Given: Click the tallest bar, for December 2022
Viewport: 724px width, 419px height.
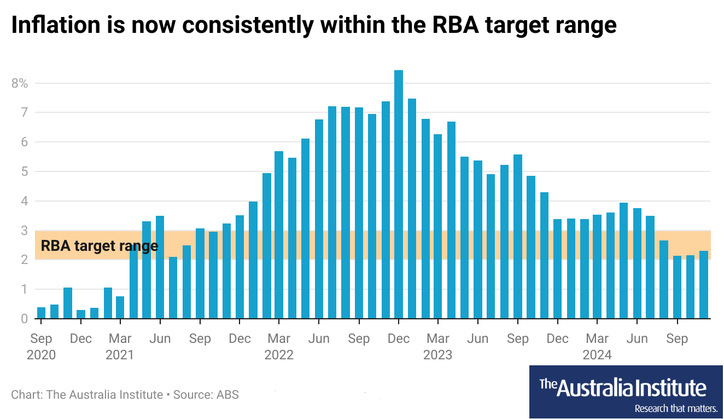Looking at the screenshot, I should (399, 194).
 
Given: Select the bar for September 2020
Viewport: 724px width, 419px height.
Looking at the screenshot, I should (41, 313).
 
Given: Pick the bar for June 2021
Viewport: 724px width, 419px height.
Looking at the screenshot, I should (160, 267).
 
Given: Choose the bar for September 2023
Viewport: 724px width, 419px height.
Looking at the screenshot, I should (518, 236).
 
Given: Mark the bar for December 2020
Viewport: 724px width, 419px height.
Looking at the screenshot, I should (81, 314).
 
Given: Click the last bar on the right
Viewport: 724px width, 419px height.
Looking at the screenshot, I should (703, 284).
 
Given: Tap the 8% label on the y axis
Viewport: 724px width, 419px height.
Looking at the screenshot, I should (20, 83).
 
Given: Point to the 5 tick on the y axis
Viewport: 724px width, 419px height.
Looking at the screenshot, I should (24, 171).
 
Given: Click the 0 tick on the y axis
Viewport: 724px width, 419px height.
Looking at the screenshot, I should (24, 318).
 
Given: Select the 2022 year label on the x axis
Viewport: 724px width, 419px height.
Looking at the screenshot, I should (279, 355).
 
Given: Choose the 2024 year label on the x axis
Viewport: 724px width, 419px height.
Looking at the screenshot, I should (597, 355).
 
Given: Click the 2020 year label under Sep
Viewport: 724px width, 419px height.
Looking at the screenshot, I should (41, 355).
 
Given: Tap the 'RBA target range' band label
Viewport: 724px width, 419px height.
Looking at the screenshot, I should (100, 245).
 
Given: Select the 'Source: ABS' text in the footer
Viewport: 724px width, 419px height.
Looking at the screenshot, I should (206, 394).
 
